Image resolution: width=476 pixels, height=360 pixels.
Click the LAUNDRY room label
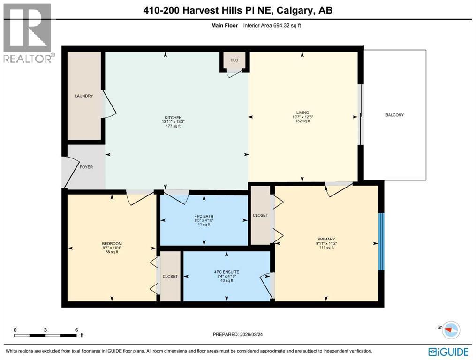tap(83, 96)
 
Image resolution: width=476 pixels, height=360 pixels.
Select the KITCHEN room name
tap(173, 118)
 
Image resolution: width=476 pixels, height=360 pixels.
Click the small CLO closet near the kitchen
tap(234, 60)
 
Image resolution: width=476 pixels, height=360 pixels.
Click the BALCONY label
tap(394, 115)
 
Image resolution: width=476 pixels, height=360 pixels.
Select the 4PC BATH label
tap(204, 216)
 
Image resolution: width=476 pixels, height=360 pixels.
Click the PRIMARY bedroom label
tap(325, 239)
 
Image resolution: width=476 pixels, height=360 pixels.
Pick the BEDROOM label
tap(112, 243)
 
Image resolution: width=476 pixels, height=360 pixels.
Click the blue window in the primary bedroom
tap(381, 241)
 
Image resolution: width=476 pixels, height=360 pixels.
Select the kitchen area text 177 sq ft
tap(173, 126)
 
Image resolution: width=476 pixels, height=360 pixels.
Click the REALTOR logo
tap(28, 33)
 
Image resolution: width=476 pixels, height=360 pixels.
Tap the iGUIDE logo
tap(448, 351)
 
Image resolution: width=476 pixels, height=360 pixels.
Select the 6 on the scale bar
tap(76, 330)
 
